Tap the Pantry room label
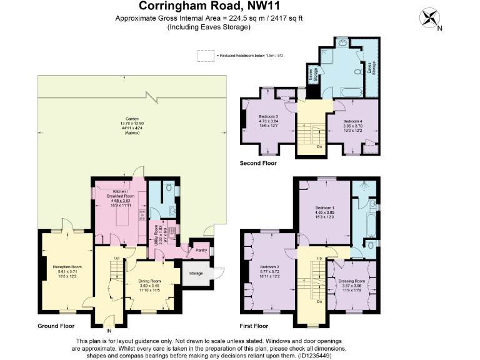tap(201, 250)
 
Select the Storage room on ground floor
tap(196, 272)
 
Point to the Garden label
tap(132, 119)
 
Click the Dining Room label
tap(149, 281)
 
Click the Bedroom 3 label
tap(267, 117)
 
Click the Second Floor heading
tap(258, 163)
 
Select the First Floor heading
tap(254, 326)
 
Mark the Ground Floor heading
tap(56, 326)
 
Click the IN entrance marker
tap(109, 331)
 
